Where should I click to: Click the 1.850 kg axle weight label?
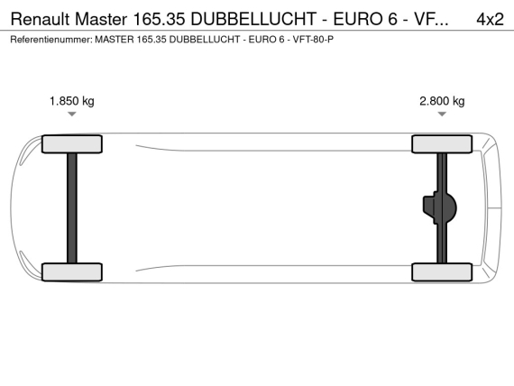(x=72, y=101)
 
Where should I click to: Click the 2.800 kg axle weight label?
(x=442, y=101)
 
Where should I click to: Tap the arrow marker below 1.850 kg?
(x=72, y=114)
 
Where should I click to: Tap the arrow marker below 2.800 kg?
(x=442, y=114)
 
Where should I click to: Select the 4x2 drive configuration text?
(x=490, y=19)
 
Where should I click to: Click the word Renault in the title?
(x=41, y=19)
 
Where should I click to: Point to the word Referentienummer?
(x=51, y=40)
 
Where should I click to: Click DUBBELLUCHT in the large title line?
(x=253, y=19)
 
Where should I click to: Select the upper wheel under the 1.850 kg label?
(x=72, y=144)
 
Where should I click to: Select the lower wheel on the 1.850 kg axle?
(x=72, y=271)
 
